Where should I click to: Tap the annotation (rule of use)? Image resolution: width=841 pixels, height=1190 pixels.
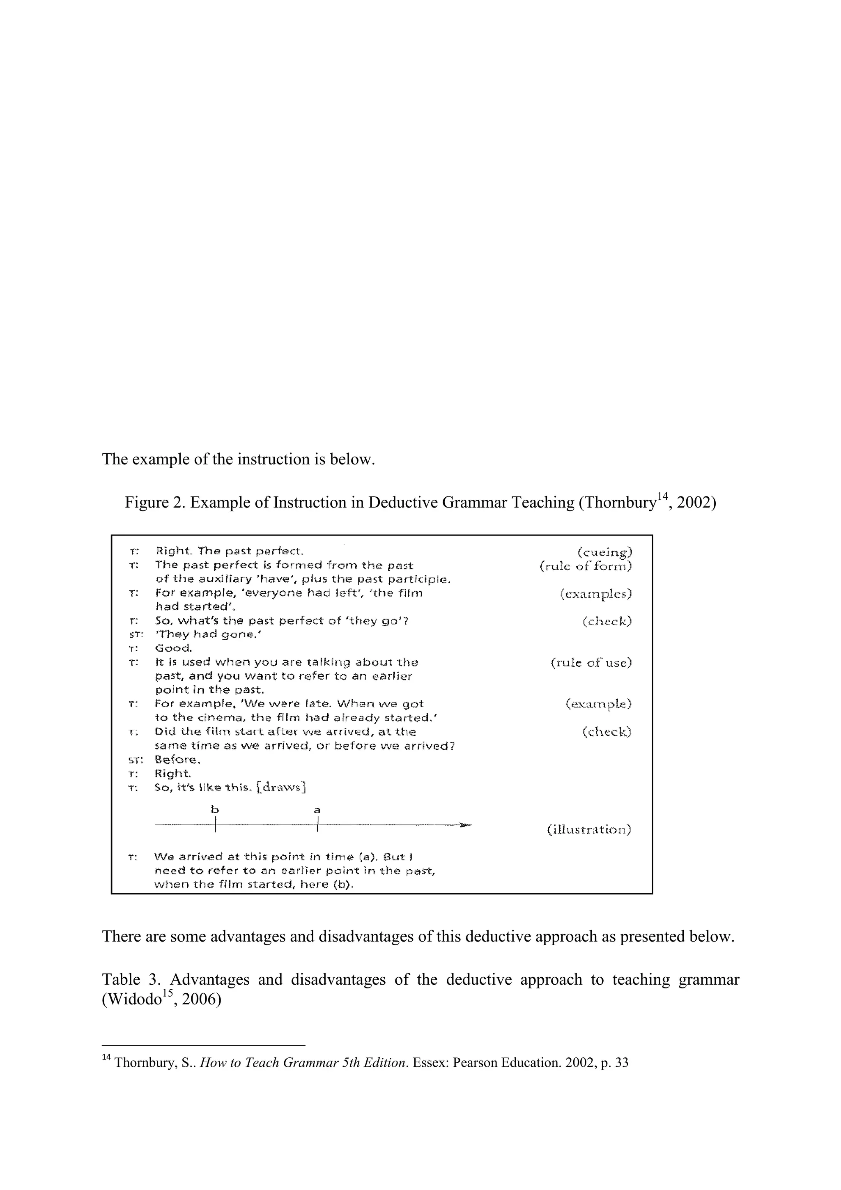591,662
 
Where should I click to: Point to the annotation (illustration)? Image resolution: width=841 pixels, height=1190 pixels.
589,829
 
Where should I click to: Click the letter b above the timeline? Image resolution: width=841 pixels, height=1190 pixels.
214,809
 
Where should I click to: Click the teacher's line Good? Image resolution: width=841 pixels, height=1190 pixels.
174,648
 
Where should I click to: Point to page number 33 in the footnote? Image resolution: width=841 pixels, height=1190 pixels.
621,1063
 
